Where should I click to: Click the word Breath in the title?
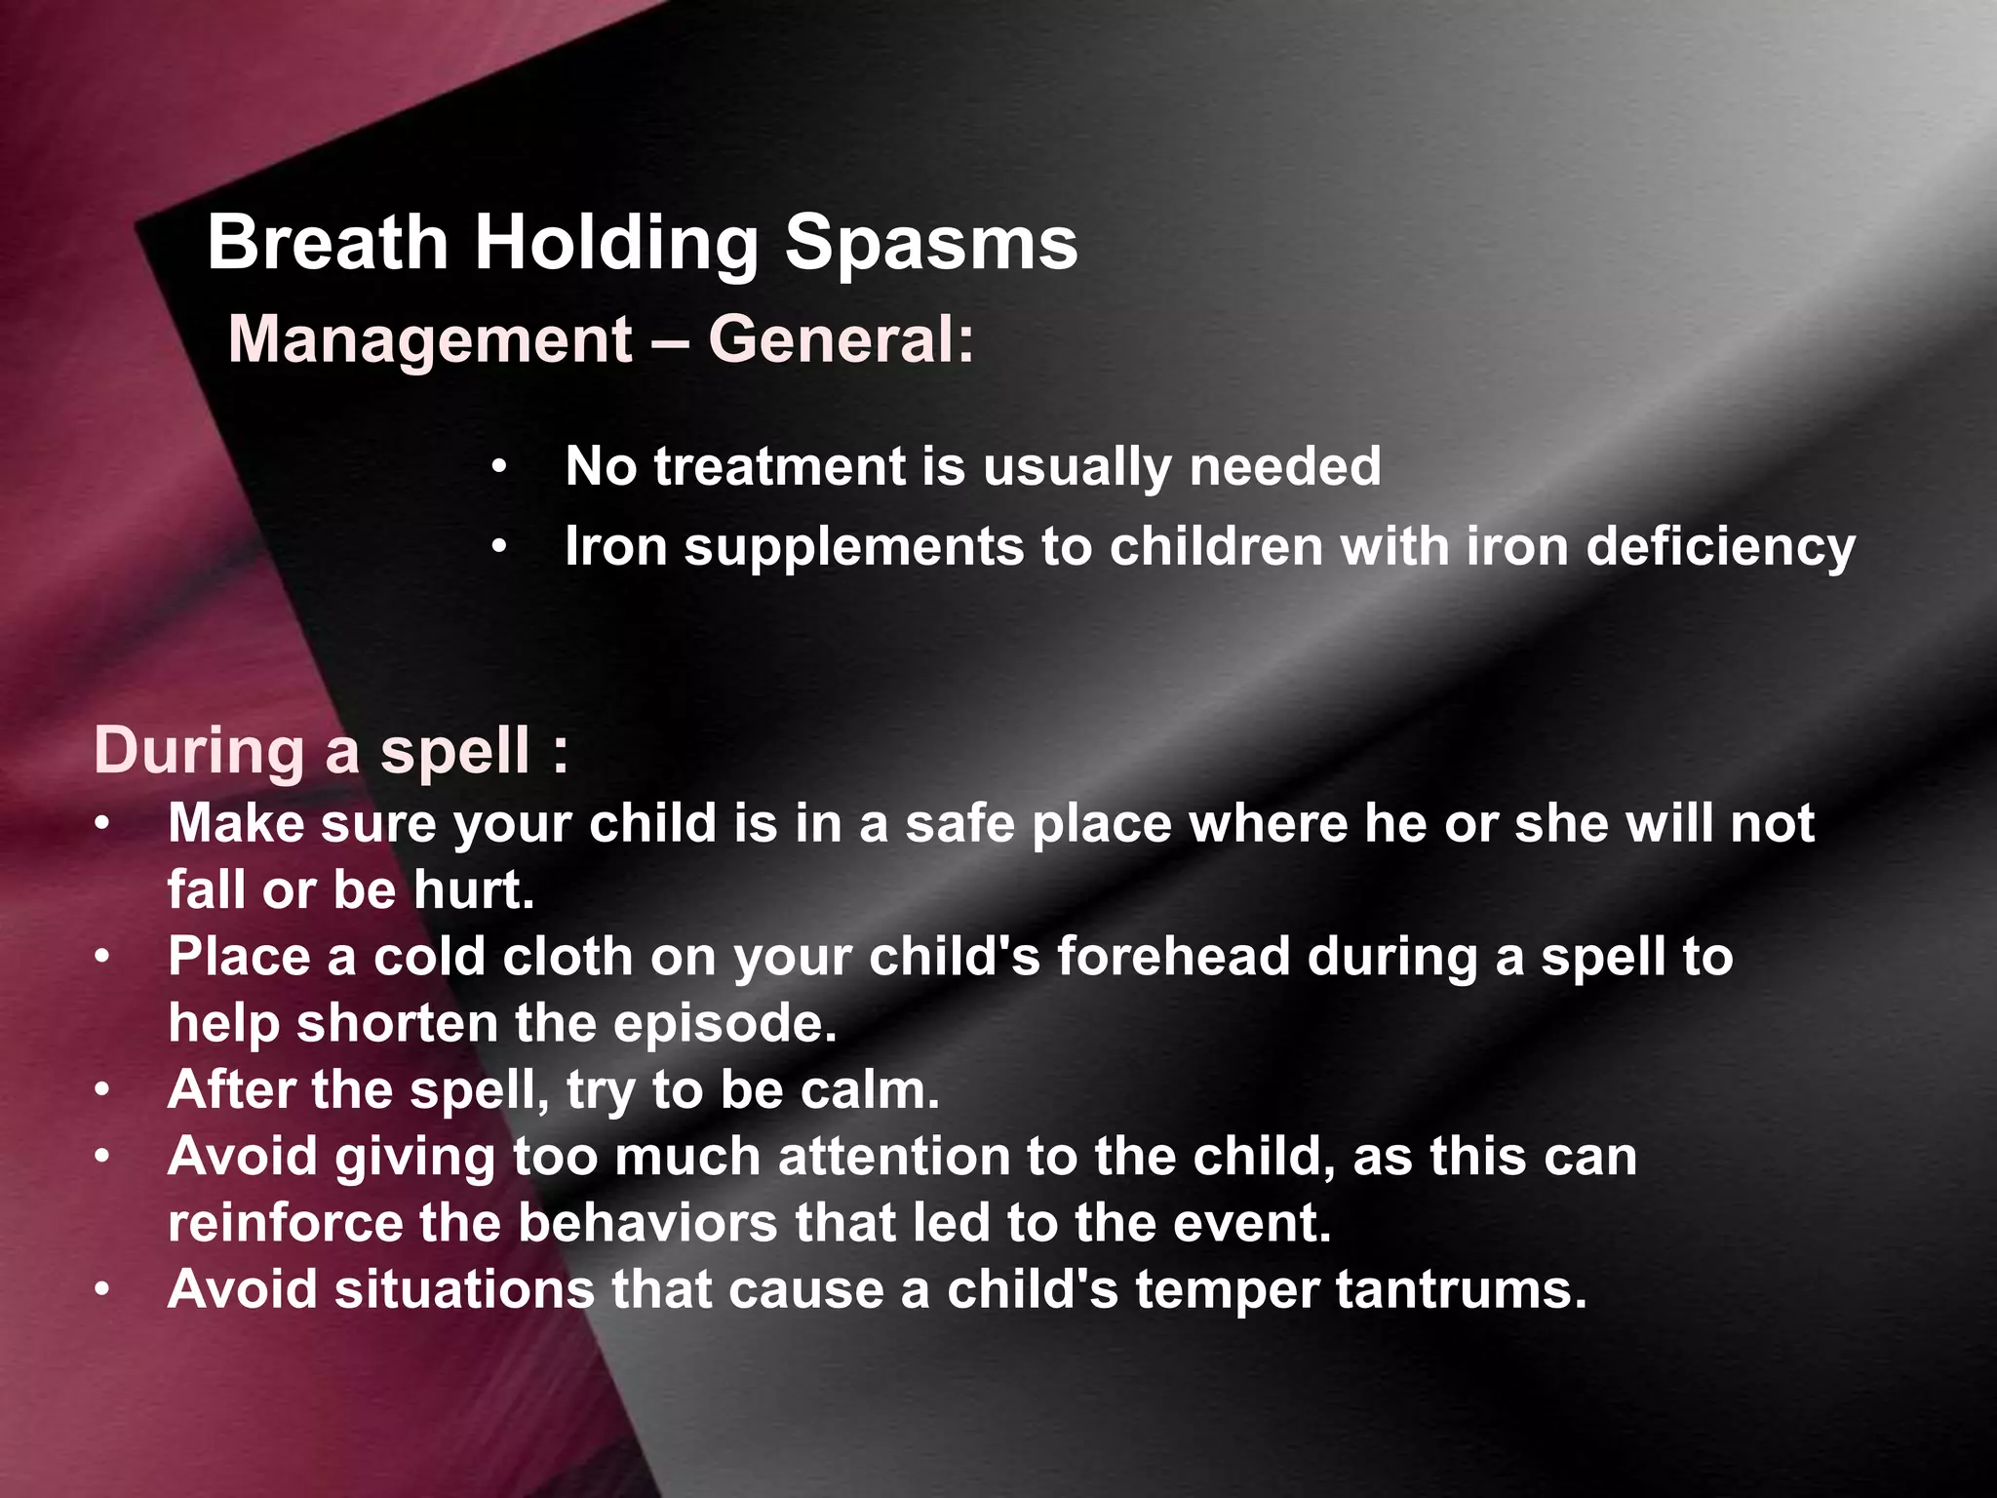click(x=327, y=243)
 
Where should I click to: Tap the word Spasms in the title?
click(x=931, y=243)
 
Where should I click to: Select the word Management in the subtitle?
click(x=430, y=340)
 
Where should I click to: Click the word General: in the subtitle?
click(x=841, y=340)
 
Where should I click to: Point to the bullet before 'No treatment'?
click(x=499, y=469)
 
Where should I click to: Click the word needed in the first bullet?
click(x=1284, y=466)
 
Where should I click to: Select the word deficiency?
click(x=1720, y=546)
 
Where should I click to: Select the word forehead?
click(x=1173, y=956)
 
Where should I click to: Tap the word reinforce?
click(x=285, y=1223)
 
